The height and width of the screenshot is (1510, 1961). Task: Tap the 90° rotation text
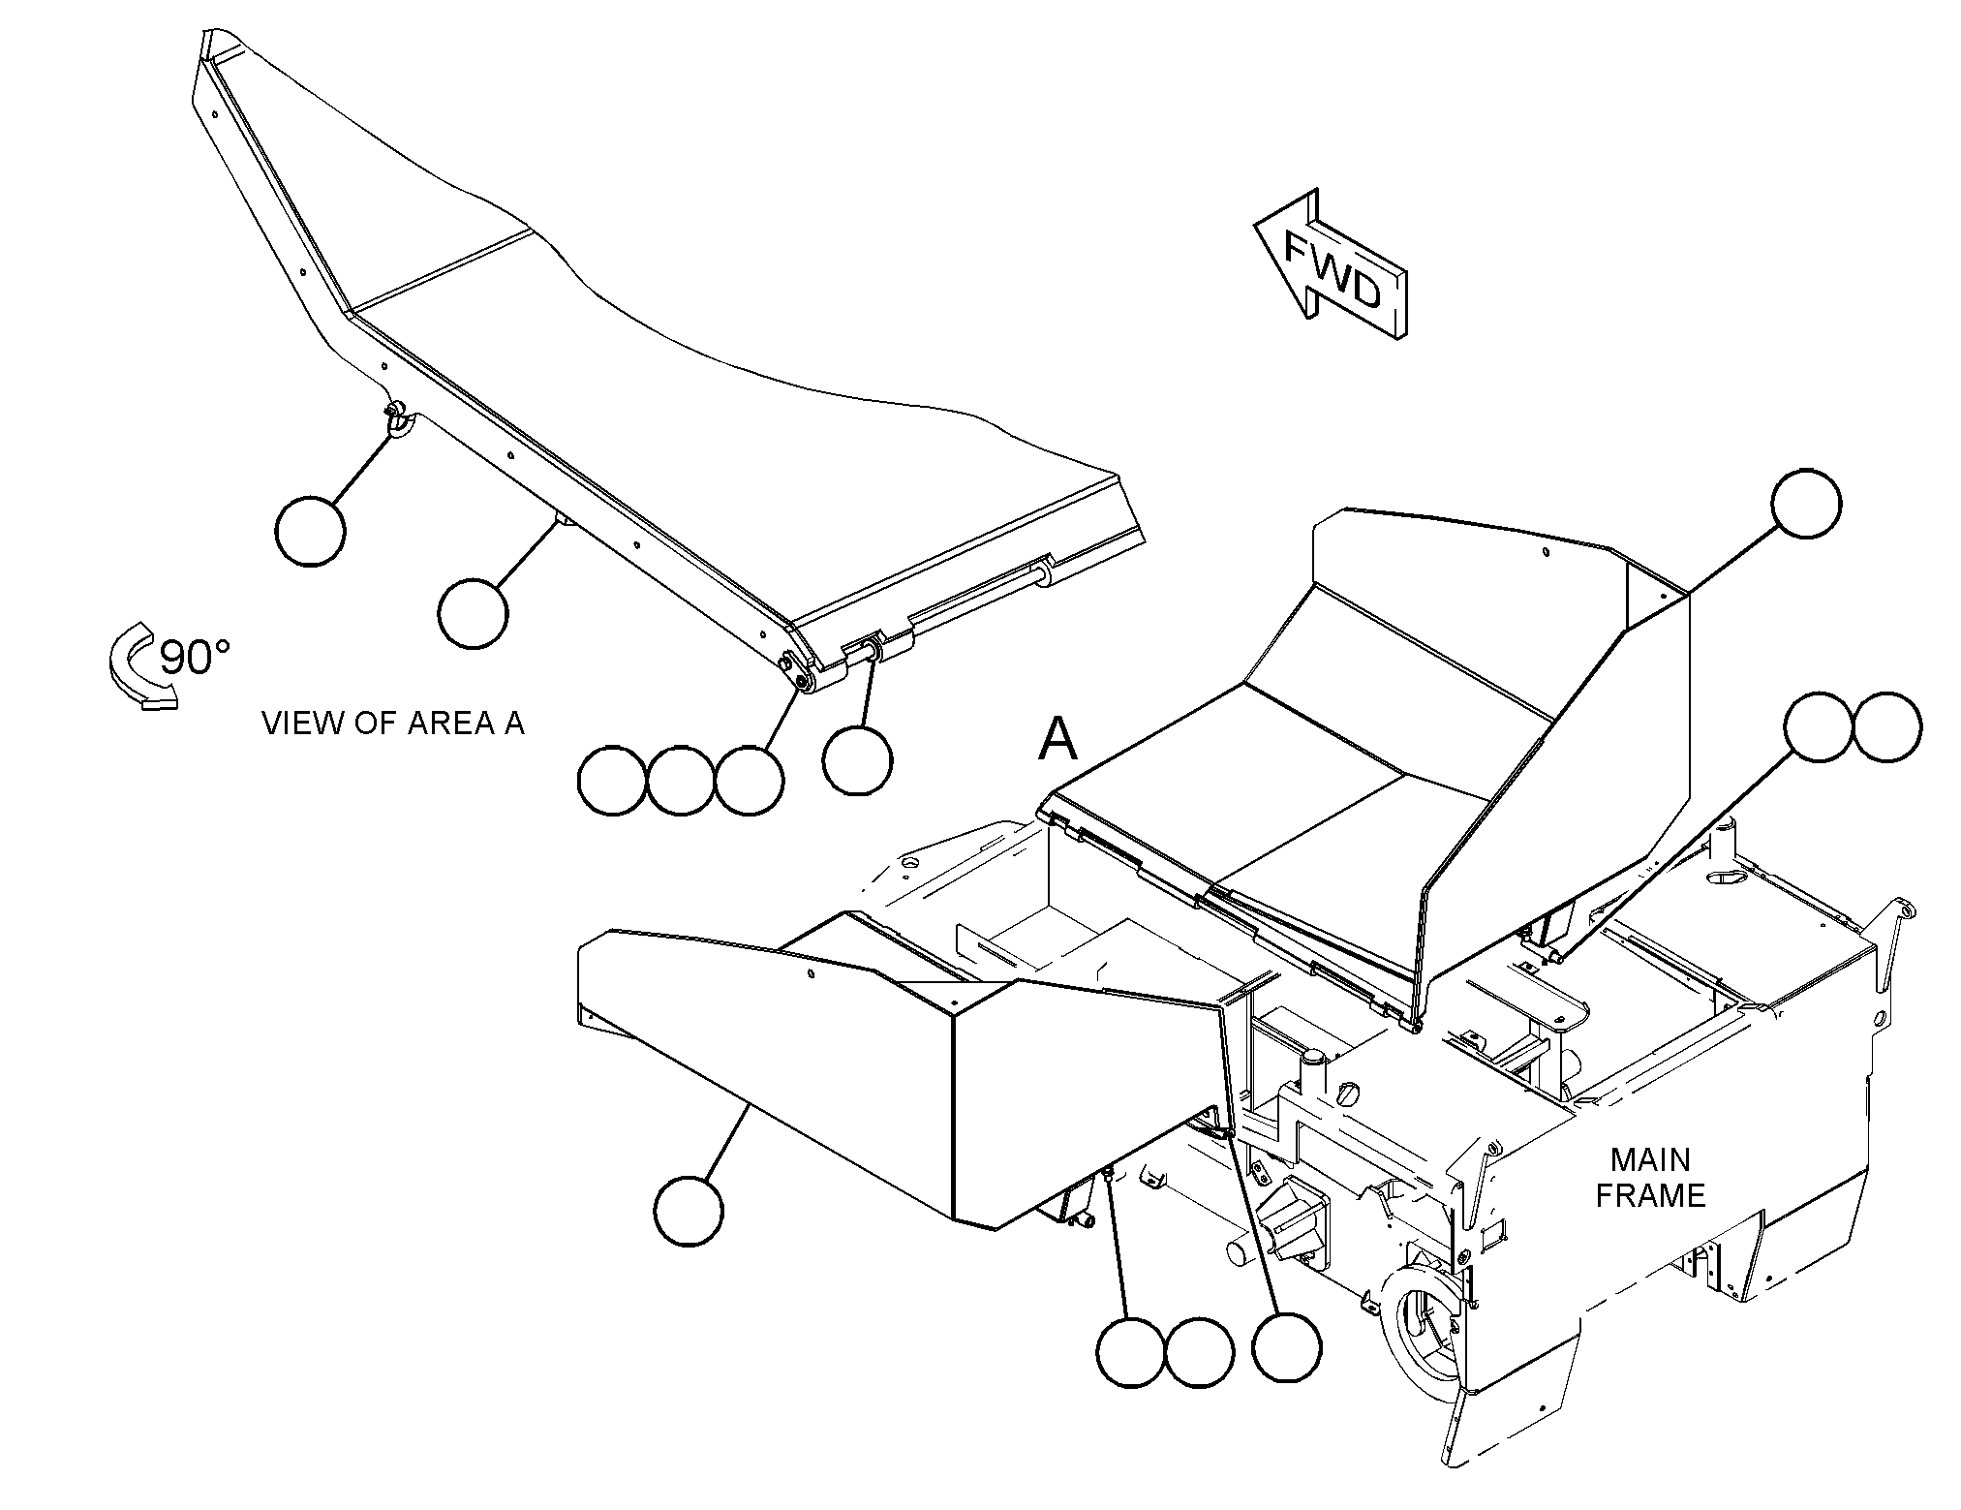pos(195,658)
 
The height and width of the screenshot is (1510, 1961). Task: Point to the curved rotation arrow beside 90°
pos(138,666)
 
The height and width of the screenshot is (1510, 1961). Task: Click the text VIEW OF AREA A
pos(393,724)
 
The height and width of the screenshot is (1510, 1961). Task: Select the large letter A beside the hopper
pos(1057,741)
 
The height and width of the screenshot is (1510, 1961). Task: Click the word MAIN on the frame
pos(1650,1159)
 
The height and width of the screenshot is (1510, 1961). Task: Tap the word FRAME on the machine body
pos(1650,1196)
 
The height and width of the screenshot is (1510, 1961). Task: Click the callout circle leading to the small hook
pos(310,531)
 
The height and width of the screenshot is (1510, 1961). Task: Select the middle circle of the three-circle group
pos(681,781)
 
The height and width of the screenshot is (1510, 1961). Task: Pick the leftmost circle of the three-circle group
pos(612,781)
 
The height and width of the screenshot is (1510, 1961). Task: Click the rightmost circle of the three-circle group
pos(750,781)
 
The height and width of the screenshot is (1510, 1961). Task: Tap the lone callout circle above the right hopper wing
pos(1806,504)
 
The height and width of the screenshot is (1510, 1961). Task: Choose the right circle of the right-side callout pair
pos(1886,726)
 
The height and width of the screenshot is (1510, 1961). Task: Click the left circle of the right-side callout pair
pos(1820,726)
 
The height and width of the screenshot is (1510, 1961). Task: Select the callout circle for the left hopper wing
pos(689,1211)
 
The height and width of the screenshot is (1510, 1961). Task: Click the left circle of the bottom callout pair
pos(1132,1352)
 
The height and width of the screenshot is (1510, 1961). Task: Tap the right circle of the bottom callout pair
pos(1200,1352)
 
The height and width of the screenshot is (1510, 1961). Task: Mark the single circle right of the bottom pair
pos(1286,1348)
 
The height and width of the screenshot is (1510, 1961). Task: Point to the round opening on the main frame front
pos(1421,1322)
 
